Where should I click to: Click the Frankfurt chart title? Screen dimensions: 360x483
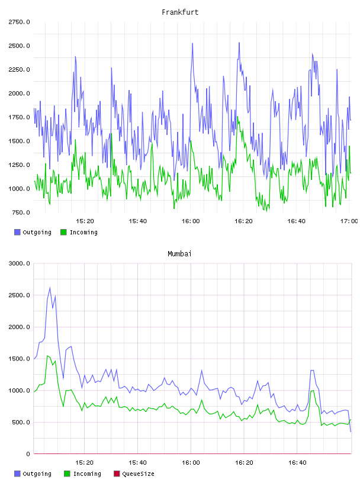(180, 12)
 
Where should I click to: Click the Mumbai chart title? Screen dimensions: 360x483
(179, 254)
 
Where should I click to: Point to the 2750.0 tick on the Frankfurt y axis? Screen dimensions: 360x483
(19, 22)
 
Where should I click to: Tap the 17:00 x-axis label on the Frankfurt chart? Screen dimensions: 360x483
(349, 221)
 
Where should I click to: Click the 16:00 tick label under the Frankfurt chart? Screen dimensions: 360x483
(191, 221)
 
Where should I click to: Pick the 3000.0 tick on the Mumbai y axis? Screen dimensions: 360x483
(19, 263)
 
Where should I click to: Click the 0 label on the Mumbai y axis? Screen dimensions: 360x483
(28, 454)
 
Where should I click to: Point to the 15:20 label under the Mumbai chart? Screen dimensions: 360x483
(85, 463)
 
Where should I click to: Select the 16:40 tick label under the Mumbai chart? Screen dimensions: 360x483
(297, 463)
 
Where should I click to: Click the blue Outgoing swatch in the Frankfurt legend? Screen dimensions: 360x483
(17, 232)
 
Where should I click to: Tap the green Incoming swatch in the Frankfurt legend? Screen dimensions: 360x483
(63, 232)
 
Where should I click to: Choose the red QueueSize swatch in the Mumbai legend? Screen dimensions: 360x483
(117, 474)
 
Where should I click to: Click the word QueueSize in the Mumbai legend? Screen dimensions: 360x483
(138, 474)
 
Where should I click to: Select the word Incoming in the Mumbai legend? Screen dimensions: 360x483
(87, 474)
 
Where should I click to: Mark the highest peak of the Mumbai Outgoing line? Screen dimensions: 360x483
(50, 288)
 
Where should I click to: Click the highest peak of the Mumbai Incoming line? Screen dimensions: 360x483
(47, 356)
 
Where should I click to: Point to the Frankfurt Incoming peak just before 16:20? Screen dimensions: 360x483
(237, 117)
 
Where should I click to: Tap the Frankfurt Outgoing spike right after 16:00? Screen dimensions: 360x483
(192, 43)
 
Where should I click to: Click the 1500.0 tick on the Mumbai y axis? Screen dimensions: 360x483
(19, 359)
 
